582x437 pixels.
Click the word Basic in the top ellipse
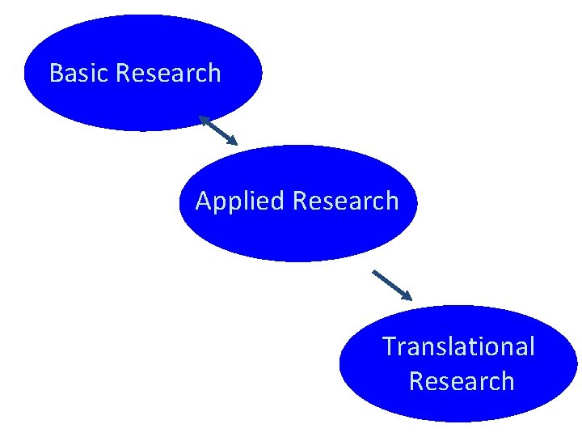(79, 74)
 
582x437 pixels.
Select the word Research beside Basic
(168, 74)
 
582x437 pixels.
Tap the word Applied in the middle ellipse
(241, 201)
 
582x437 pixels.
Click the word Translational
(458, 346)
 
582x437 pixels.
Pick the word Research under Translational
(462, 381)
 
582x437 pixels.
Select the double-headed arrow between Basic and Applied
(218, 130)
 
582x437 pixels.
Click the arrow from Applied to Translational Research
(392, 285)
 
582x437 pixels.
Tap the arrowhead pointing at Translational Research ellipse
(407, 295)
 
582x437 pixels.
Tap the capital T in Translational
(389, 346)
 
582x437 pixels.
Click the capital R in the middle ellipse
(301, 201)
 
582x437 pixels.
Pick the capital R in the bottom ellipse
(417, 381)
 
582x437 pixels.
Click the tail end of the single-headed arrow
(374, 272)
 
